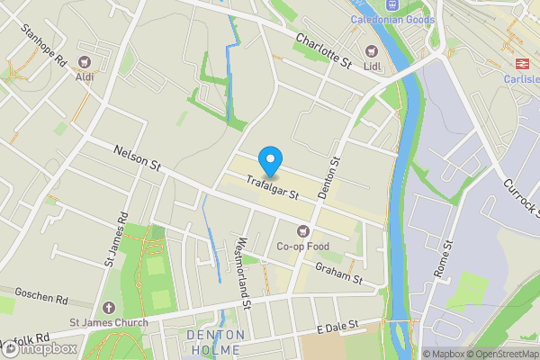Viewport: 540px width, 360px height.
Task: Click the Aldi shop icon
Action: click(x=85, y=61)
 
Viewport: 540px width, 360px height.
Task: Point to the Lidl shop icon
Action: click(x=371, y=50)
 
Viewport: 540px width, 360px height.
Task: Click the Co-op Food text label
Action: click(x=302, y=247)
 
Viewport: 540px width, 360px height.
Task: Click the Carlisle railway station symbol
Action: click(x=519, y=63)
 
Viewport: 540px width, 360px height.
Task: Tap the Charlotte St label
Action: click(x=323, y=50)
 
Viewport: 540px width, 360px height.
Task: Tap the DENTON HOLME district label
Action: click(x=215, y=341)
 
